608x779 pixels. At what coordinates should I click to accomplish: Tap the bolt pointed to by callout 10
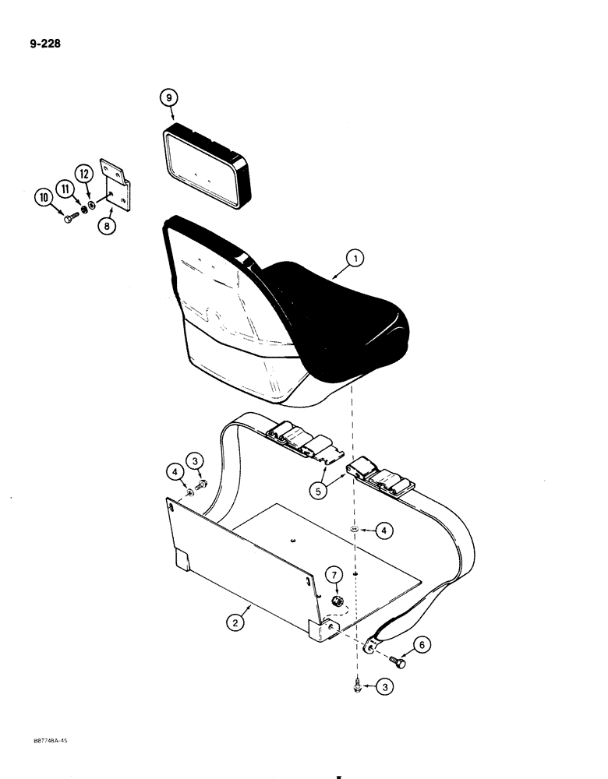[x=72, y=217]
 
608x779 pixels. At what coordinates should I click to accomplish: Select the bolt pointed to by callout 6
[x=400, y=663]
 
